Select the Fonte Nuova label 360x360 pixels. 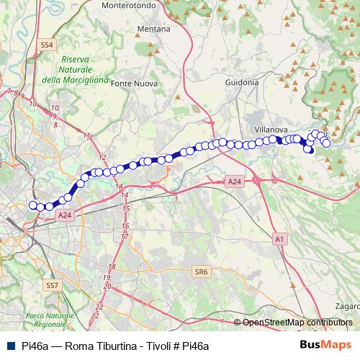pyautogui.click(x=133, y=84)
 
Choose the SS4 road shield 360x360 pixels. pyautogui.click(x=48, y=45)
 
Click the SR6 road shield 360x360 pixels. pyautogui.click(x=201, y=271)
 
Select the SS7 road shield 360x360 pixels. pyautogui.click(x=51, y=286)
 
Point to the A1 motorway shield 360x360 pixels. pyautogui.click(x=279, y=238)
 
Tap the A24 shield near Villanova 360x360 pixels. pyautogui.click(x=234, y=183)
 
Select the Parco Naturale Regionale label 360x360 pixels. pyautogui.click(x=44, y=320)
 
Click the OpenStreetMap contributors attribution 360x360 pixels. pyautogui.click(x=297, y=323)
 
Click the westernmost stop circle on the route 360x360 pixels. pyautogui.click(x=32, y=205)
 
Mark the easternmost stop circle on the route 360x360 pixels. pyautogui.click(x=326, y=143)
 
